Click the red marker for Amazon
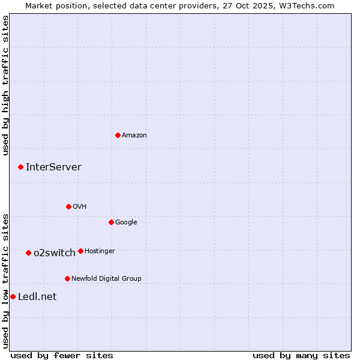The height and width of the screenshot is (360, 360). click(118, 135)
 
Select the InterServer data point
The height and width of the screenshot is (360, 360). click(20, 167)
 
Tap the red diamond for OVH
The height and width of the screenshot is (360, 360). click(68, 206)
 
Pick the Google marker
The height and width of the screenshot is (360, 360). click(111, 222)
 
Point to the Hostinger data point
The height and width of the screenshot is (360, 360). click(80, 251)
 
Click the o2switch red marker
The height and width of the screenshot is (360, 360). click(28, 253)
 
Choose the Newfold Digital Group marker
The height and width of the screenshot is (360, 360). click(67, 278)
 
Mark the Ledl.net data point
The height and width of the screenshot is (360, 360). click(13, 296)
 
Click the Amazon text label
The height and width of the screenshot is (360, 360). click(134, 136)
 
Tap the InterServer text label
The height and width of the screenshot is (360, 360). click(53, 167)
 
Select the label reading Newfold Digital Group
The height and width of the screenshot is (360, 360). click(106, 278)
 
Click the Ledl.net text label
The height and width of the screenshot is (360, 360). click(37, 297)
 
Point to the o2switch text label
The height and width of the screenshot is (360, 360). click(54, 253)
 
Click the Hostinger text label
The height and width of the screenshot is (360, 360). click(100, 251)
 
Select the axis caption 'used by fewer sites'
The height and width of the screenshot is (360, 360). click(62, 355)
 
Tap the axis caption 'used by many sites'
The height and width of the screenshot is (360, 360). click(301, 355)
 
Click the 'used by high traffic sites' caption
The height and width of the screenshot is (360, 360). click(5, 85)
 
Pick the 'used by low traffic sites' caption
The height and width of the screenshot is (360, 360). click(5, 280)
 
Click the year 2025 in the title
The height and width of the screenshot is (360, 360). click(267, 5)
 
